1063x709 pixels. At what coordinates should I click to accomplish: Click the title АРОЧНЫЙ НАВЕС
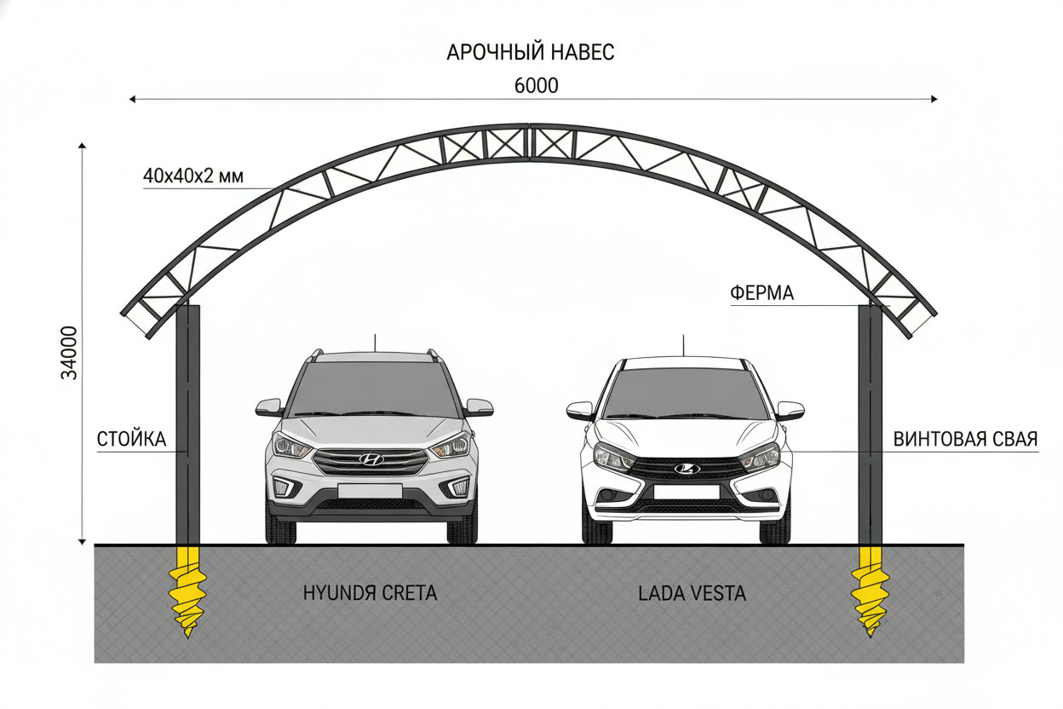pyautogui.click(x=530, y=52)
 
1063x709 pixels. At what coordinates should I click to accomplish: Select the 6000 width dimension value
pyautogui.click(x=537, y=86)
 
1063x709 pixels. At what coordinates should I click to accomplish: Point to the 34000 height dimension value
pyautogui.click(x=69, y=352)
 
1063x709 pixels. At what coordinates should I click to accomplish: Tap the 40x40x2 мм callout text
pyautogui.click(x=193, y=176)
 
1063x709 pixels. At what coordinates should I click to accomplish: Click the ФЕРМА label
pyautogui.click(x=761, y=293)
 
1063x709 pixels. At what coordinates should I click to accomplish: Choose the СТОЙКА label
pyautogui.click(x=131, y=439)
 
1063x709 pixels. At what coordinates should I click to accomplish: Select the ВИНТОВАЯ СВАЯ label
pyautogui.click(x=965, y=439)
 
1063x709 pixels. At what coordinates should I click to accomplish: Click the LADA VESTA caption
pyautogui.click(x=692, y=594)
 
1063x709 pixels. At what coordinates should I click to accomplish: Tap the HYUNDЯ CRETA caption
pyautogui.click(x=371, y=593)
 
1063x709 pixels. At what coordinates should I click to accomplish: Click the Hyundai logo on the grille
pyautogui.click(x=371, y=459)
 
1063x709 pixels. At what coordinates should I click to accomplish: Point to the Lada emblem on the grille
pyautogui.click(x=687, y=469)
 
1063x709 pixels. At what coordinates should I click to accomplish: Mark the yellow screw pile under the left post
pyautogui.click(x=188, y=591)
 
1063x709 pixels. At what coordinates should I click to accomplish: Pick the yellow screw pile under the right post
pyautogui.click(x=870, y=591)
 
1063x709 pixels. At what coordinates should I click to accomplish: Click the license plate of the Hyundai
pyautogui.click(x=371, y=491)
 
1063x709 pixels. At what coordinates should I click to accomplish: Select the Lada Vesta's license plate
pyautogui.click(x=687, y=492)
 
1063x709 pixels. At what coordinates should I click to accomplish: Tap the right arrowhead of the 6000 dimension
pyautogui.click(x=934, y=99)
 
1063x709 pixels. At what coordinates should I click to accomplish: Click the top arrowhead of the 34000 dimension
pyautogui.click(x=82, y=146)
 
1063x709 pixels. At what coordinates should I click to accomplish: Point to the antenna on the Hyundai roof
pyautogui.click(x=375, y=343)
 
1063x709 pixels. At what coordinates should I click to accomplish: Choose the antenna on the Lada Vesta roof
pyautogui.click(x=683, y=345)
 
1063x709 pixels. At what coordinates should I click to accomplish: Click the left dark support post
pyautogui.click(x=188, y=424)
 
